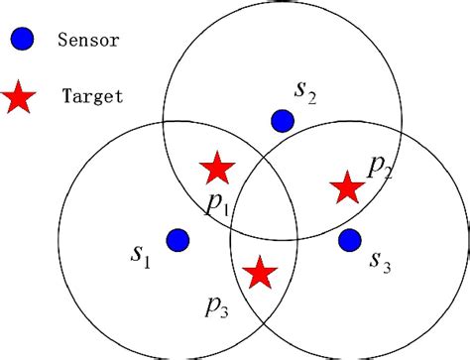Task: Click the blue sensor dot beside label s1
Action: tap(177, 240)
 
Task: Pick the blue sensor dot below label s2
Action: tap(282, 121)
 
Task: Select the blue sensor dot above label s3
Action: tap(349, 239)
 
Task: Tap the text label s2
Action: tap(305, 91)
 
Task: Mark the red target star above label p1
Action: tap(216, 169)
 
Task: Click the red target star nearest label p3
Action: tap(260, 272)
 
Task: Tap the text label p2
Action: tap(380, 167)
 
